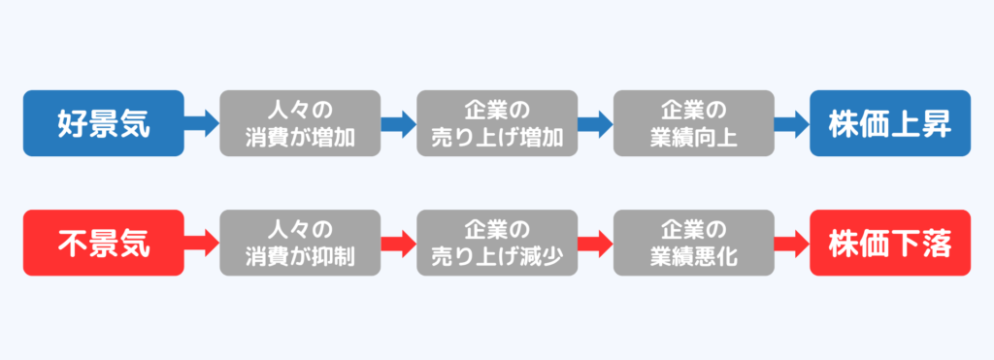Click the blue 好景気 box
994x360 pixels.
tap(103, 123)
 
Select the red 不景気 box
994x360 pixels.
tap(103, 244)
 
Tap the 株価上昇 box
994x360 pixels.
tap(890, 123)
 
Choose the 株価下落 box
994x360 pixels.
tap(890, 244)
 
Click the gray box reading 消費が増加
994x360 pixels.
tap(300, 123)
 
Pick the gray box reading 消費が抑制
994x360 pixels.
tap(300, 244)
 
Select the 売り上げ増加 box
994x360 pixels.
tap(497, 123)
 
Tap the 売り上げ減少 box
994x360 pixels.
tap(497, 244)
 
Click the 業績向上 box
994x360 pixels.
tap(693, 123)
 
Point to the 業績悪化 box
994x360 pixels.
tap(693, 244)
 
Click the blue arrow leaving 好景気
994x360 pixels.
tap(202, 123)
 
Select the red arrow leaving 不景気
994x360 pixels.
tap(202, 244)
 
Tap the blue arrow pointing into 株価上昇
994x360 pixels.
tap(792, 123)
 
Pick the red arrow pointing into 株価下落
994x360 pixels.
tap(792, 244)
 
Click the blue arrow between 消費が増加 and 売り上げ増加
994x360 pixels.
tap(398, 123)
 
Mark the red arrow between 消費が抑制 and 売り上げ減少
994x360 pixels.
tap(398, 244)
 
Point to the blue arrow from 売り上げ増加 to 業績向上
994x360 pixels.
tap(595, 123)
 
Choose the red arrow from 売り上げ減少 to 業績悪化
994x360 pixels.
tap(595, 244)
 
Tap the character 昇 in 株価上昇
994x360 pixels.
tap(935, 123)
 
